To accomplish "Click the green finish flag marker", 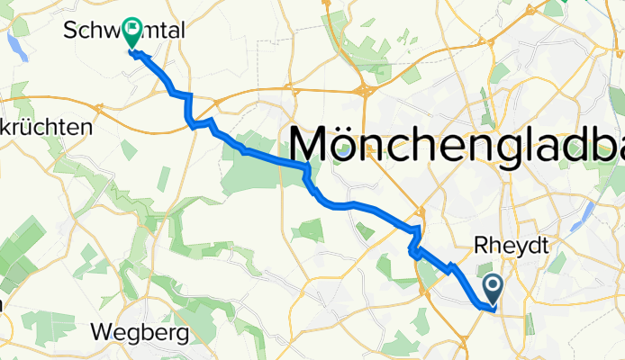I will click(x=132, y=33).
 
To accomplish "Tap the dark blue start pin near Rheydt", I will click(x=494, y=289).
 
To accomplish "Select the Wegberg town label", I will click(x=140, y=334).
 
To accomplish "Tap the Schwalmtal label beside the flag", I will click(x=125, y=31).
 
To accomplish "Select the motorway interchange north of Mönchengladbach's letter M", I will click(x=367, y=90).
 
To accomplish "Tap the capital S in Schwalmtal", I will click(x=72, y=31).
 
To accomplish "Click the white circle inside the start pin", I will click(x=494, y=285).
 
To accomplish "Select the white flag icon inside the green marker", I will click(x=132, y=30).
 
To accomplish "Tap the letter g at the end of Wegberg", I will click(x=181, y=336).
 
